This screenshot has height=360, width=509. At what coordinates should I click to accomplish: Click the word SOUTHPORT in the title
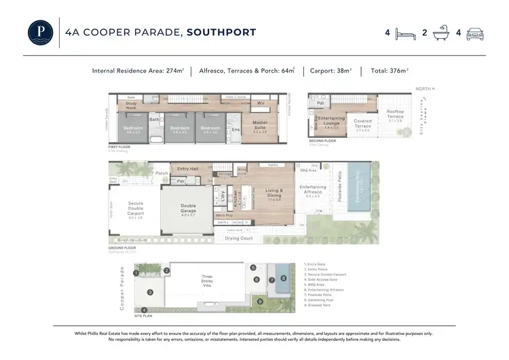click(x=222, y=32)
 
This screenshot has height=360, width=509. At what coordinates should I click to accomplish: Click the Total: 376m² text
click(x=389, y=70)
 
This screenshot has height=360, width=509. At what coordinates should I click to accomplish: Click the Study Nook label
click(x=132, y=106)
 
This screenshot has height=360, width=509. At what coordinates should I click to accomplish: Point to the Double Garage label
click(x=187, y=212)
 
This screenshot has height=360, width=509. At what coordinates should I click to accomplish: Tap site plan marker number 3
click(x=150, y=292)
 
